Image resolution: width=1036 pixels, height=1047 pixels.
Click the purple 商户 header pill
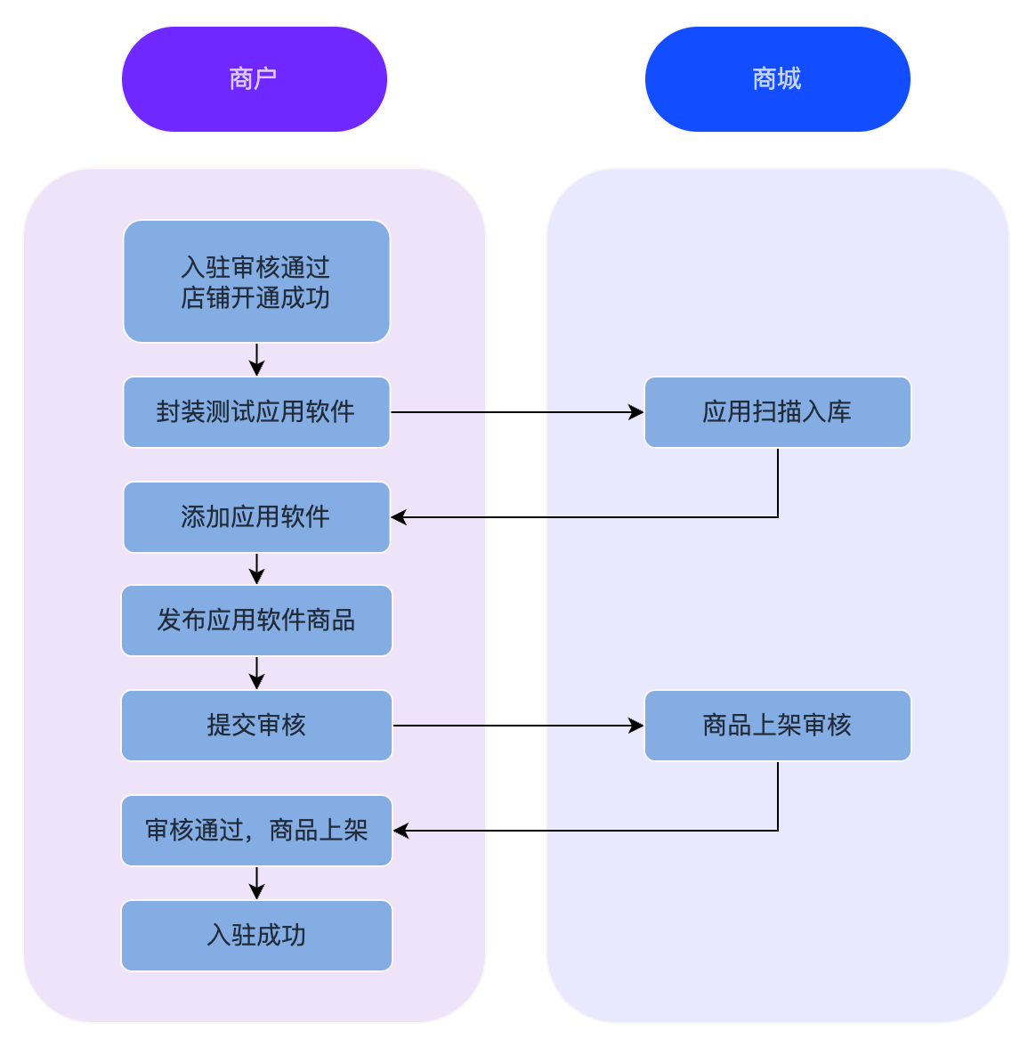pyautogui.click(x=255, y=79)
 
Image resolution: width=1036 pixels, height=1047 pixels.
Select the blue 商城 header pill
pyautogui.click(x=777, y=79)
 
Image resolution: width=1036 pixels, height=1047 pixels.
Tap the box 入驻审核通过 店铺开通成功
pyautogui.click(x=256, y=281)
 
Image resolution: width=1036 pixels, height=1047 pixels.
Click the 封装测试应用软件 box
pyautogui.click(x=256, y=412)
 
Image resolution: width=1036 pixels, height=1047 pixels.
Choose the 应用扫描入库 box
pyautogui.click(x=777, y=412)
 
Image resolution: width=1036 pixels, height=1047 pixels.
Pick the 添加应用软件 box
pyautogui.click(x=256, y=517)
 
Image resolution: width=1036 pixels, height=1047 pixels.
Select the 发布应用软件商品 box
pyautogui.click(x=256, y=621)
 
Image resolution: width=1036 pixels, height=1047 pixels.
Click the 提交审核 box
pyautogui.click(x=256, y=726)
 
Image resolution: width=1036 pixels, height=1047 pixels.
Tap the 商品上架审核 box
pyautogui.click(x=777, y=726)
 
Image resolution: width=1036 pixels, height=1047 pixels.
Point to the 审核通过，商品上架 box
pyautogui.click(x=256, y=831)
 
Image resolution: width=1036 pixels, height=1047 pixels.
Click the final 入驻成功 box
pyautogui.click(x=256, y=936)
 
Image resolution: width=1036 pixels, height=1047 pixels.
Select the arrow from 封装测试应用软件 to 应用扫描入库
pyautogui.click(x=516, y=412)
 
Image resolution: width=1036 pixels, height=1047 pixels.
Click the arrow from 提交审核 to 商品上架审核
pyautogui.click(x=516, y=726)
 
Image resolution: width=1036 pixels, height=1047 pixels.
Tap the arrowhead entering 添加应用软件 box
pyautogui.click(x=400, y=517)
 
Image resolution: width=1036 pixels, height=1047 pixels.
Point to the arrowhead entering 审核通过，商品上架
pyautogui.click(x=401, y=831)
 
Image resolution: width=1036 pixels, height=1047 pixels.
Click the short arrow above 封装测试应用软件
pyautogui.click(x=256, y=360)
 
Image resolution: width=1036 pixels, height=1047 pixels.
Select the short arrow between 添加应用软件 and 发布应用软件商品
pyautogui.click(x=256, y=569)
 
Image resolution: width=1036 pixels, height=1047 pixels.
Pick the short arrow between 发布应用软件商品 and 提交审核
pyautogui.click(x=256, y=673)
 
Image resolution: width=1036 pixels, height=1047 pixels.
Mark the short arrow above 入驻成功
pyautogui.click(x=256, y=883)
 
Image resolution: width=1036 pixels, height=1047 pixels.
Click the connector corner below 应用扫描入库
pyautogui.click(x=778, y=517)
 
